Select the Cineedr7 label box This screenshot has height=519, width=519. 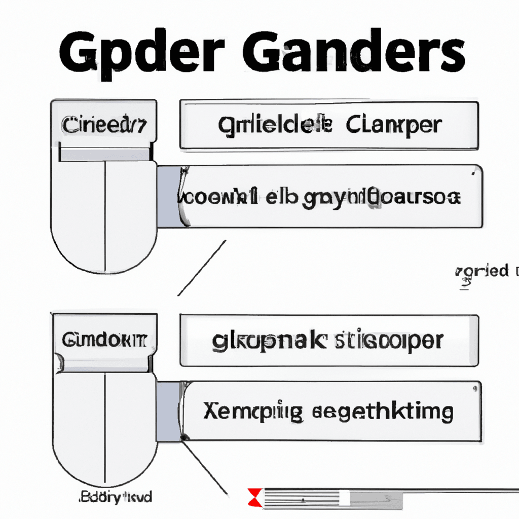(104, 125)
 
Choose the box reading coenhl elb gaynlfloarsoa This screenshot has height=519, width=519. (329, 196)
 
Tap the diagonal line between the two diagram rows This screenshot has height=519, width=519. (201, 268)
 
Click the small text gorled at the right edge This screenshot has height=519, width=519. (483, 271)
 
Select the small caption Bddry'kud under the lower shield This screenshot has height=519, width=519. (115, 496)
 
